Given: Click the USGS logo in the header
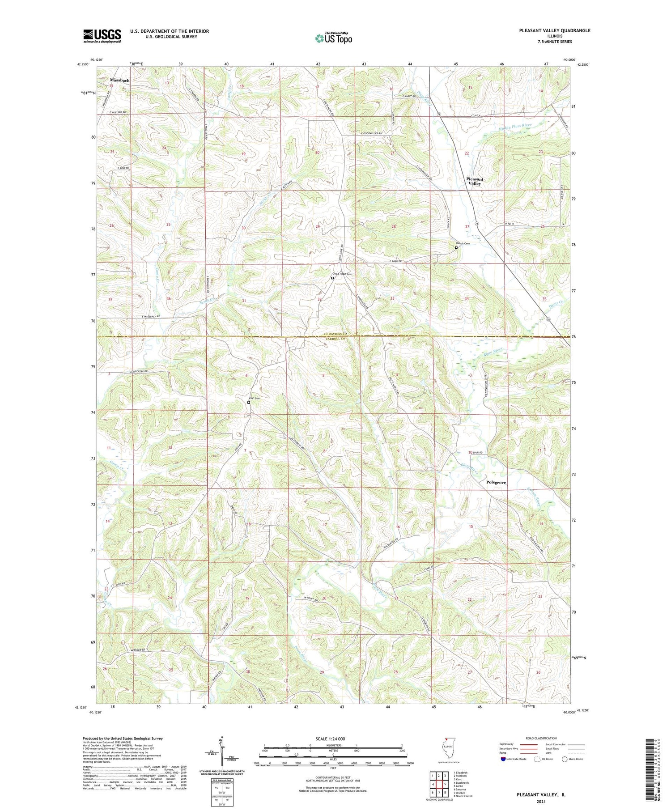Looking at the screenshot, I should click(102, 36).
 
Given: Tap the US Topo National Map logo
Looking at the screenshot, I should click(333, 38).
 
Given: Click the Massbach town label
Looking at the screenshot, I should click(119, 80).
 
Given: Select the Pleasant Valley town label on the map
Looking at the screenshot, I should click(475, 181).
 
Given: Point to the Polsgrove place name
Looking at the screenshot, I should click(496, 483).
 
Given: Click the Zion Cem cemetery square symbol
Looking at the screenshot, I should click(249, 403).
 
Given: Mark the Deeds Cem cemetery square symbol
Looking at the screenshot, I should click(456, 247).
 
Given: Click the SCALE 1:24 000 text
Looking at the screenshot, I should click(333, 739).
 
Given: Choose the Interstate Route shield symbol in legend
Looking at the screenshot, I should click(503, 759).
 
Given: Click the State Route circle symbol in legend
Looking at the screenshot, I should click(565, 759).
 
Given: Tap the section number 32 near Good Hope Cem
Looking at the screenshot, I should click(319, 299).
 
